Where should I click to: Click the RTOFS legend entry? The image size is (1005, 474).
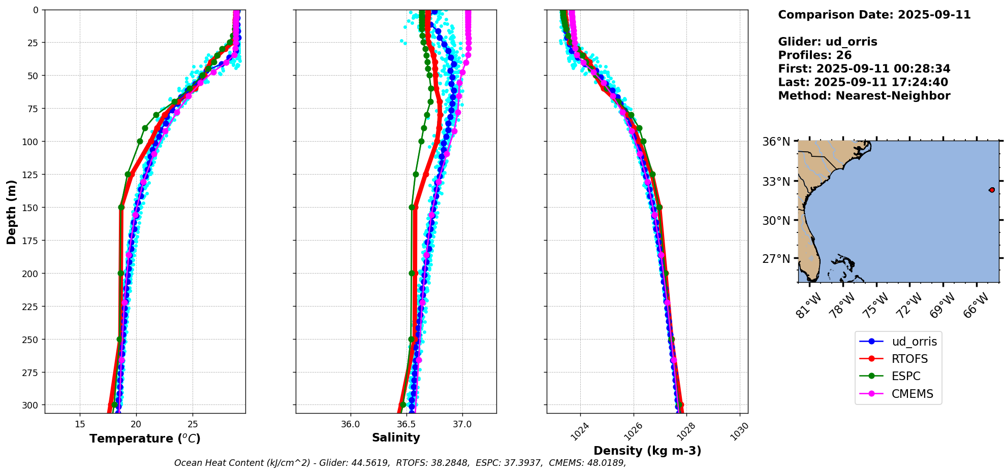click(909, 359)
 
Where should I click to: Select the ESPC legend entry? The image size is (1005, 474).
click(905, 376)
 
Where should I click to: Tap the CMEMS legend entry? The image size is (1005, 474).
click(912, 394)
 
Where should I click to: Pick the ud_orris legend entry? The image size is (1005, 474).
click(914, 342)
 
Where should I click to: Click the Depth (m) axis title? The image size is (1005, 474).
click(11, 212)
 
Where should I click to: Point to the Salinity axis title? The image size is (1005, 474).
click(396, 437)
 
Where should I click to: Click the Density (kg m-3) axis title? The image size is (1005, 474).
click(647, 451)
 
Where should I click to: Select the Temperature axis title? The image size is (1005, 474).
click(145, 438)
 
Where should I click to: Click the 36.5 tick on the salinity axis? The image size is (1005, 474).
click(406, 424)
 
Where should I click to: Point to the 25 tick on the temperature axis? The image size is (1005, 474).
click(193, 424)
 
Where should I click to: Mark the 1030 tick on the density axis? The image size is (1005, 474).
click(740, 431)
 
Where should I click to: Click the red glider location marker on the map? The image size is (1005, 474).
click(992, 190)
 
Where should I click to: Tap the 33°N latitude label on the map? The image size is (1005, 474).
click(776, 181)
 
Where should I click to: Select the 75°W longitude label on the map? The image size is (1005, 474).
click(876, 306)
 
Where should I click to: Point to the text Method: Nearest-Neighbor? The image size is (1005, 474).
click(864, 95)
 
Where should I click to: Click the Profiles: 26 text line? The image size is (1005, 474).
click(814, 55)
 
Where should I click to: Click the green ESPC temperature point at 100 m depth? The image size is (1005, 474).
click(140, 141)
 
